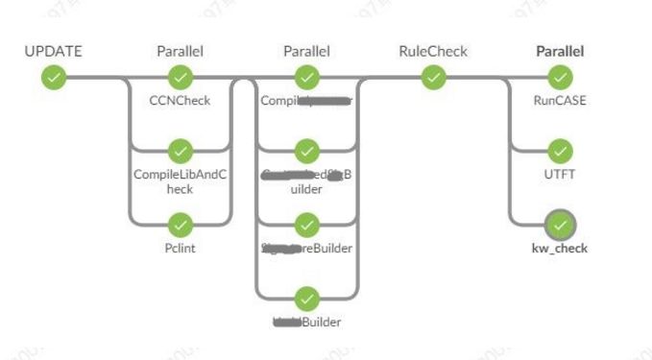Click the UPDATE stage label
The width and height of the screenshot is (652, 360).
coord(53,51)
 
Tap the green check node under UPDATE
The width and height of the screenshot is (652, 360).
coord(54,76)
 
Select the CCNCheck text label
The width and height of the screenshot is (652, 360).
coord(180,99)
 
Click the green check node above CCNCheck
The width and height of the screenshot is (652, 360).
coord(180,76)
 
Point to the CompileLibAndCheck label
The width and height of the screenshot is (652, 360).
coord(180,181)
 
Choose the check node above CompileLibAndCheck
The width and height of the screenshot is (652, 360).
coord(180,151)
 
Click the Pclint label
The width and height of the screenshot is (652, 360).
coord(180,249)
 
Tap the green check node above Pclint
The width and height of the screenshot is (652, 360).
coord(180,225)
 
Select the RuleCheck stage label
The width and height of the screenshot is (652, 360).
coord(433,51)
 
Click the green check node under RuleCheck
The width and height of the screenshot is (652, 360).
coord(433,76)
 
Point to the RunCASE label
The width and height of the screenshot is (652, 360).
coord(560,99)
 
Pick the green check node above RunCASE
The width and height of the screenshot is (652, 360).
coord(560,76)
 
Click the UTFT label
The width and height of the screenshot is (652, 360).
coord(560,174)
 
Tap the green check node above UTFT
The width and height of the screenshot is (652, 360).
coord(560,151)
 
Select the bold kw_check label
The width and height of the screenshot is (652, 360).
coord(560,249)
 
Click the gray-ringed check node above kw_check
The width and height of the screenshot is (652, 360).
coord(560,225)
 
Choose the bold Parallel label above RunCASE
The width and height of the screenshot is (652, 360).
coord(560,51)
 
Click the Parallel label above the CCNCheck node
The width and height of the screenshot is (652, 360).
coord(180,51)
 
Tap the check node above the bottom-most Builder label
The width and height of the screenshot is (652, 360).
coord(306,299)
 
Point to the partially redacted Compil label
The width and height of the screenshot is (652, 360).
coord(306,99)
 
